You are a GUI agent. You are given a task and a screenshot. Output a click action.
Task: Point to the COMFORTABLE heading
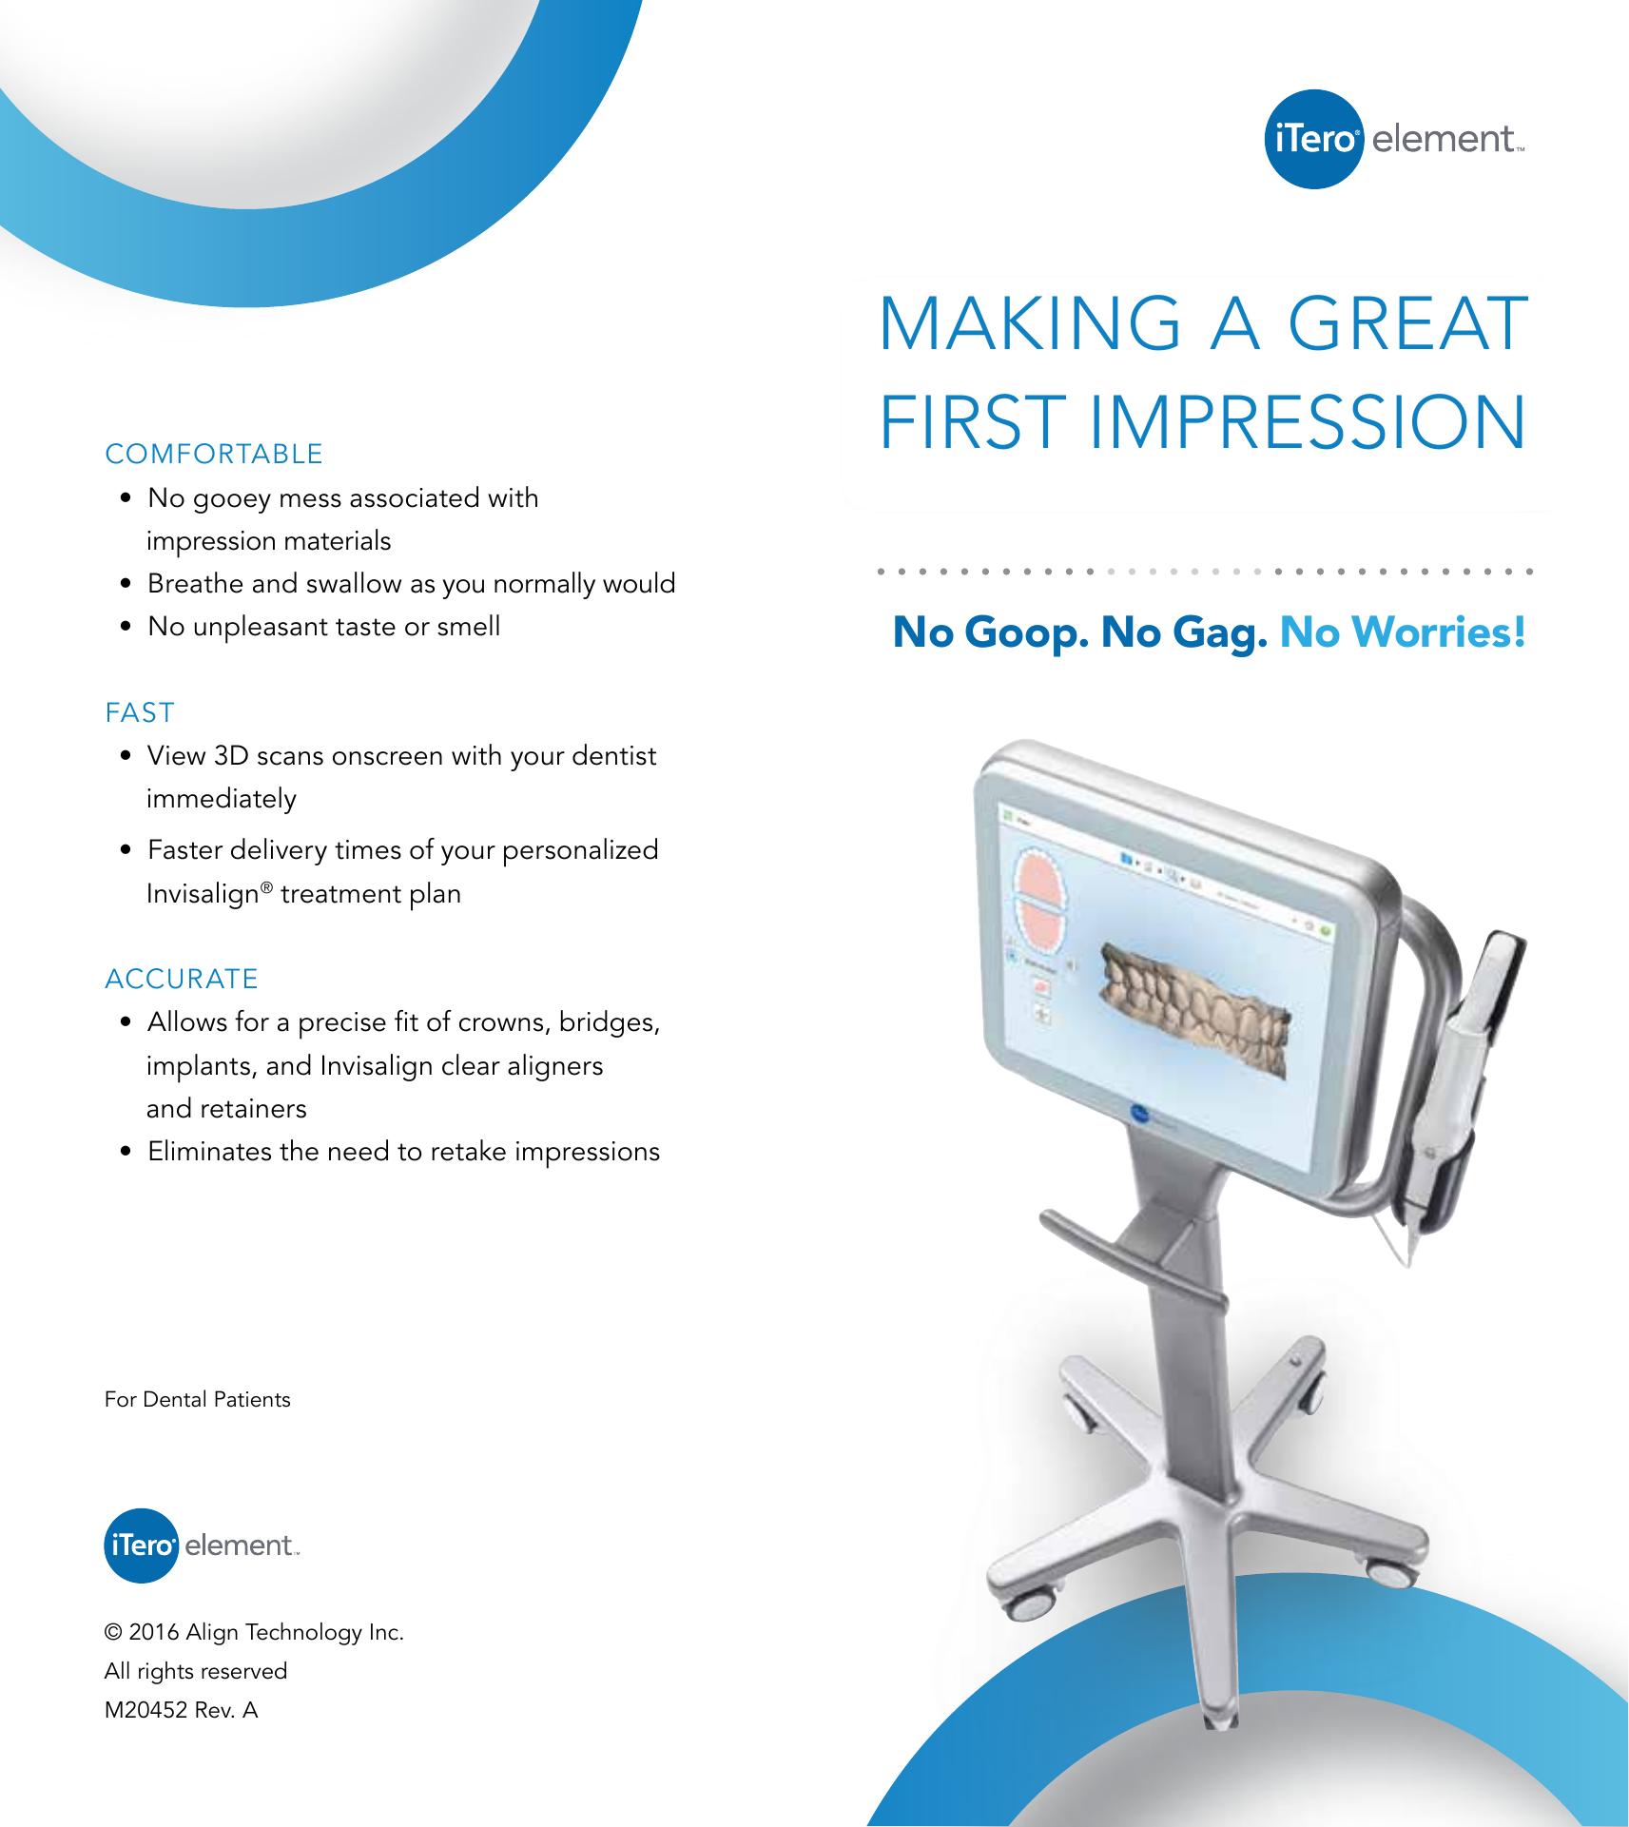coord(214,454)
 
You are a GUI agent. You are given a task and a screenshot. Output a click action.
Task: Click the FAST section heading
coord(140,712)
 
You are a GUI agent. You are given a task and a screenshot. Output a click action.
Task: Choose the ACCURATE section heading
coord(181,979)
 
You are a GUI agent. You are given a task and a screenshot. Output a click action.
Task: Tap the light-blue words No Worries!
coord(1403,632)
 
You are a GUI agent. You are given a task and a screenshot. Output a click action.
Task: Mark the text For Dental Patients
coord(197,1399)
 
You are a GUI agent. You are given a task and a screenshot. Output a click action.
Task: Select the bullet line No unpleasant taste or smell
coord(323,627)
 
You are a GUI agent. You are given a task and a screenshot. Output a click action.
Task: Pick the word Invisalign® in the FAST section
coord(210,894)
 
